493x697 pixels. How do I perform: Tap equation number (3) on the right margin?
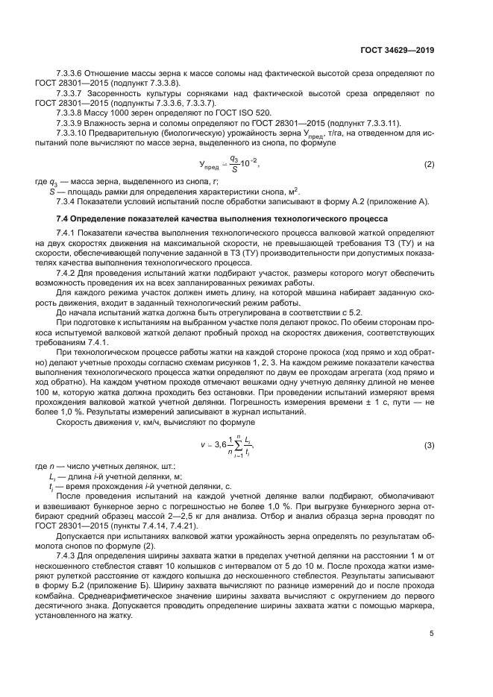(429, 445)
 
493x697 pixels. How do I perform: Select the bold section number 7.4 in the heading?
(64, 219)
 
